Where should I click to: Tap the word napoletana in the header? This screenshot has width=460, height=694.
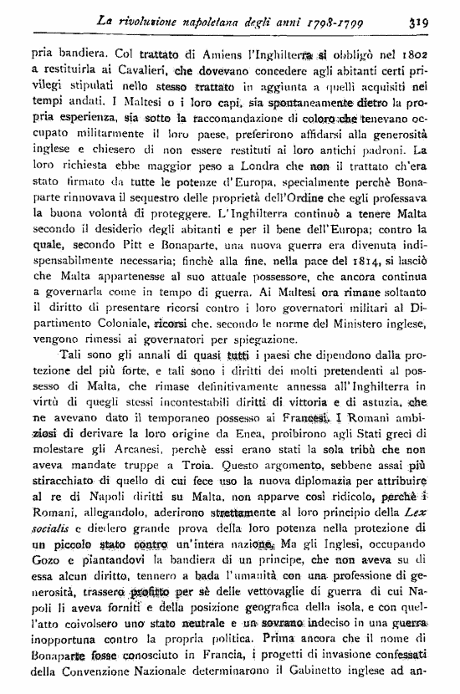coord(192,17)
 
